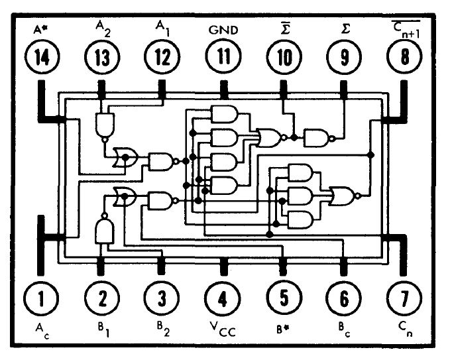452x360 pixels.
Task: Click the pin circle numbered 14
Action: point(41,58)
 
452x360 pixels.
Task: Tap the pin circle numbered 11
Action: point(222,58)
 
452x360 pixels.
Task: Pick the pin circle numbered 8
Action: point(404,58)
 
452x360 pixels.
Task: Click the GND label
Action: point(222,30)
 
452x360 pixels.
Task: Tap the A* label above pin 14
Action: point(41,29)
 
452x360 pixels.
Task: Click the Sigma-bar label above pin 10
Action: point(283,28)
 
